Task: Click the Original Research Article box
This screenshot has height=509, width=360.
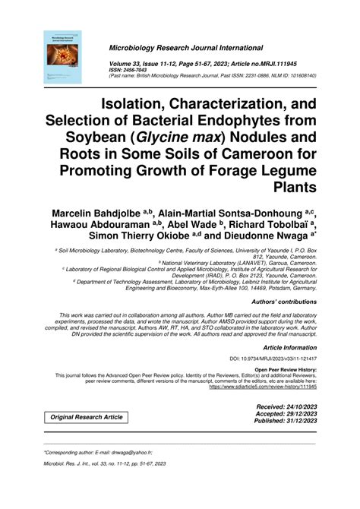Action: click(86, 418)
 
